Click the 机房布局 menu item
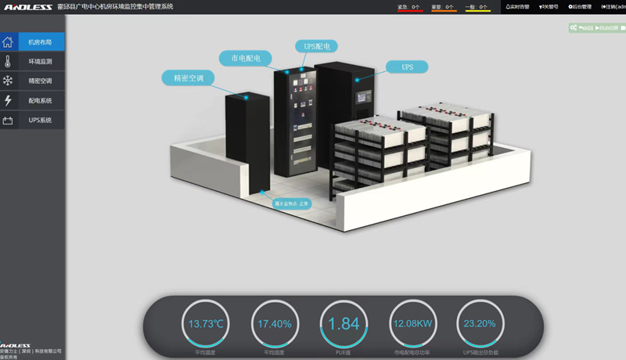click(x=40, y=42)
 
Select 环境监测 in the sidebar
click(x=40, y=61)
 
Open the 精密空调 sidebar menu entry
click(x=40, y=81)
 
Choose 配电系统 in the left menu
click(x=40, y=101)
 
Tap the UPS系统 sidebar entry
click(x=40, y=121)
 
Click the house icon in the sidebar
click(x=8, y=42)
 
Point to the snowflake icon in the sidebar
click(x=8, y=81)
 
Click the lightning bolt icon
click(x=8, y=101)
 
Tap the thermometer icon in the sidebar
click(x=8, y=61)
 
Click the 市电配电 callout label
click(x=246, y=58)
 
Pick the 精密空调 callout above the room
click(x=189, y=78)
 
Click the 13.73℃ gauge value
click(x=207, y=324)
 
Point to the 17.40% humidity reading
click(x=275, y=324)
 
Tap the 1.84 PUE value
click(x=344, y=324)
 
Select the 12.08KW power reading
click(x=412, y=324)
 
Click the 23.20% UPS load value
click(x=480, y=324)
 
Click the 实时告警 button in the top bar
click(x=517, y=6)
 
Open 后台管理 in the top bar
click(x=580, y=6)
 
